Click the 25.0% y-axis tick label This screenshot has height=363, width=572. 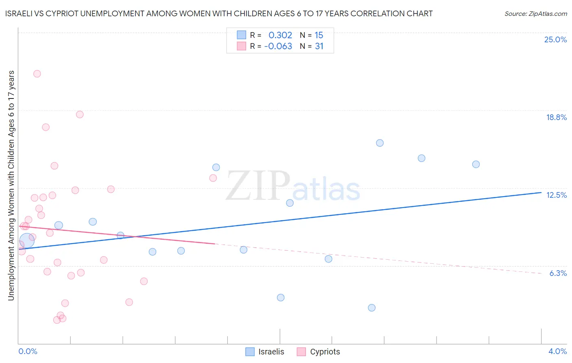pyautogui.click(x=555, y=39)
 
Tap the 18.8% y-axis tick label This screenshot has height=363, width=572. pyautogui.click(x=556, y=117)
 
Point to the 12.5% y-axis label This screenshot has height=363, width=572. pyautogui.click(x=556, y=195)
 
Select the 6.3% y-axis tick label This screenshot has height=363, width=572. pyautogui.click(x=558, y=273)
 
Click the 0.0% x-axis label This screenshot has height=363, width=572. pyautogui.click(x=28, y=351)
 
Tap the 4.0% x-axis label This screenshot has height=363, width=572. pyautogui.click(x=557, y=351)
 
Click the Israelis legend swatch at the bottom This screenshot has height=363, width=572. pyautogui.click(x=250, y=352)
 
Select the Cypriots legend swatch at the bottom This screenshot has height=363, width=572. pyautogui.click(x=301, y=352)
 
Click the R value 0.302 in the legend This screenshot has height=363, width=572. pyautogui.click(x=280, y=35)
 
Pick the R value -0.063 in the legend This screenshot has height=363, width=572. pyautogui.click(x=278, y=46)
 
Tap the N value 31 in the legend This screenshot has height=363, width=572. pyautogui.click(x=319, y=46)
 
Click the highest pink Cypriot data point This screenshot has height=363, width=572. pyautogui.click(x=37, y=74)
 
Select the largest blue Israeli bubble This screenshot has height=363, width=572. pyautogui.click(x=26, y=241)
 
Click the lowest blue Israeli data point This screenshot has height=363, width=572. pyautogui.click(x=371, y=308)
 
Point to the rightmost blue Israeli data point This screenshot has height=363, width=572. pyautogui.click(x=476, y=164)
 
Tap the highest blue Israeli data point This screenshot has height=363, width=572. pyautogui.click(x=380, y=143)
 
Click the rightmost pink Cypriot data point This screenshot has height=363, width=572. pyautogui.click(x=213, y=178)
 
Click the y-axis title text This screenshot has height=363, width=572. pyautogui.click(x=11, y=186)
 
